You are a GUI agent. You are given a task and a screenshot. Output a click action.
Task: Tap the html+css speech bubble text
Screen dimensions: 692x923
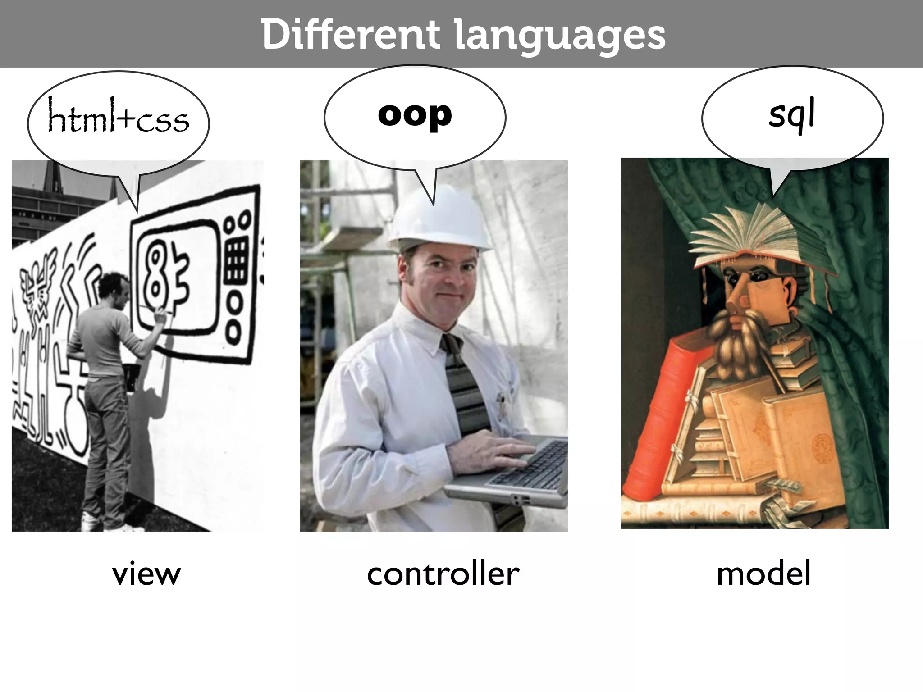pyautogui.click(x=119, y=118)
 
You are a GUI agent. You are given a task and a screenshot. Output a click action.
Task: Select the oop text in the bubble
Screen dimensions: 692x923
pyautogui.click(x=415, y=114)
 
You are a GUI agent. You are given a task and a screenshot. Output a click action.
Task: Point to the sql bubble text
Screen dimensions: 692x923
pyautogui.click(x=792, y=114)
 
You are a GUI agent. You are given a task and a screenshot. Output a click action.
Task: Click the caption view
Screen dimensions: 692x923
pyautogui.click(x=146, y=574)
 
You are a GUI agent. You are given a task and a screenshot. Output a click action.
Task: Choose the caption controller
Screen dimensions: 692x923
pyautogui.click(x=443, y=574)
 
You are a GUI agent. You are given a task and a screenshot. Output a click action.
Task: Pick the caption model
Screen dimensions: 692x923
pyautogui.click(x=763, y=574)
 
